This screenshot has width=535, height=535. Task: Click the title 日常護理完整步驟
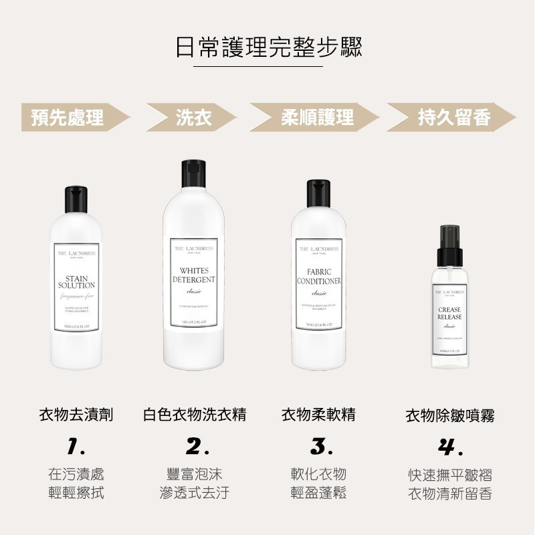coord(267,47)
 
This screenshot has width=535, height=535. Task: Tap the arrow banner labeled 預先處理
coord(70,118)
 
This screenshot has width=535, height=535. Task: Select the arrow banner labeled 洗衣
coord(194,118)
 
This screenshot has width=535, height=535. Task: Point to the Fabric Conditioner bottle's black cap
coord(319,195)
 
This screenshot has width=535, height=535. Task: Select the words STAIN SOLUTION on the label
coord(76,282)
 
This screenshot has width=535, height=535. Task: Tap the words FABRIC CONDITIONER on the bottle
coord(319,277)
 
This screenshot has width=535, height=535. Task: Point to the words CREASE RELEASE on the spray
coord(449,313)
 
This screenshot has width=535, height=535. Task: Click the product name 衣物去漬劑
coord(76,415)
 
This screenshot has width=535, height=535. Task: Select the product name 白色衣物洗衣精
coord(195,415)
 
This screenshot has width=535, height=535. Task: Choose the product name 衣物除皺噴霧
coord(450,416)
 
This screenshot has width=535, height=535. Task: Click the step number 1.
coord(76,446)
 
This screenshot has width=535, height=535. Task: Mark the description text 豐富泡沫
coord(195,475)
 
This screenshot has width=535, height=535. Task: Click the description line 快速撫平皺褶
coord(450,475)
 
